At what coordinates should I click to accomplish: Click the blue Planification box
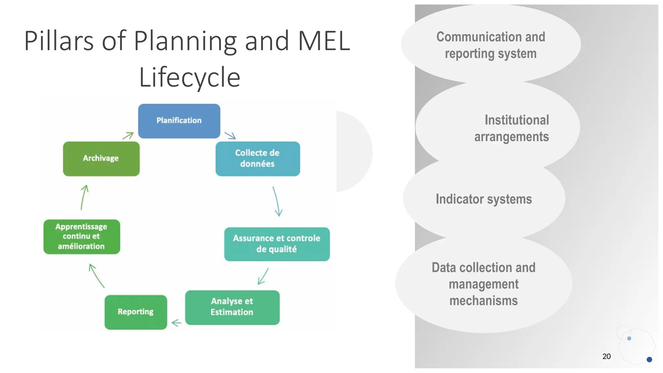point(179,121)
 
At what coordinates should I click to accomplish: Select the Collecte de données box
point(258,159)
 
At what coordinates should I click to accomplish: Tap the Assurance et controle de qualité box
point(277,244)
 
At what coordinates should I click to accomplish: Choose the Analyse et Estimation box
point(232,307)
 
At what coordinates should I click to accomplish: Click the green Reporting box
point(136,312)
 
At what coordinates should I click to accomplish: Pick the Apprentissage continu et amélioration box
point(82,237)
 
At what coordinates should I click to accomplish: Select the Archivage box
point(101,159)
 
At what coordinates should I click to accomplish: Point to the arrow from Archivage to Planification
point(128,136)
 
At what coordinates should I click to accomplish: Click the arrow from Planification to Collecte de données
point(230,135)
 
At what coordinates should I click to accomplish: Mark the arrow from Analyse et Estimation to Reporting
point(176,323)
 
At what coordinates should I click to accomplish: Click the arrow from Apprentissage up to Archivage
point(84,197)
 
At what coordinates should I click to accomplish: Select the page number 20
point(606,356)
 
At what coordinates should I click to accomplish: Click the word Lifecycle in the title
point(190,77)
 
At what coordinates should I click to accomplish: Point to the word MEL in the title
point(324,41)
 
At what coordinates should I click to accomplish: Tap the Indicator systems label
point(484,199)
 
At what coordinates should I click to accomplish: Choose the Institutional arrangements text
point(511,128)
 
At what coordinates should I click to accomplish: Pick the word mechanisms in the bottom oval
point(483,301)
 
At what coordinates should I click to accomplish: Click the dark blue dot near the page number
point(649,359)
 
